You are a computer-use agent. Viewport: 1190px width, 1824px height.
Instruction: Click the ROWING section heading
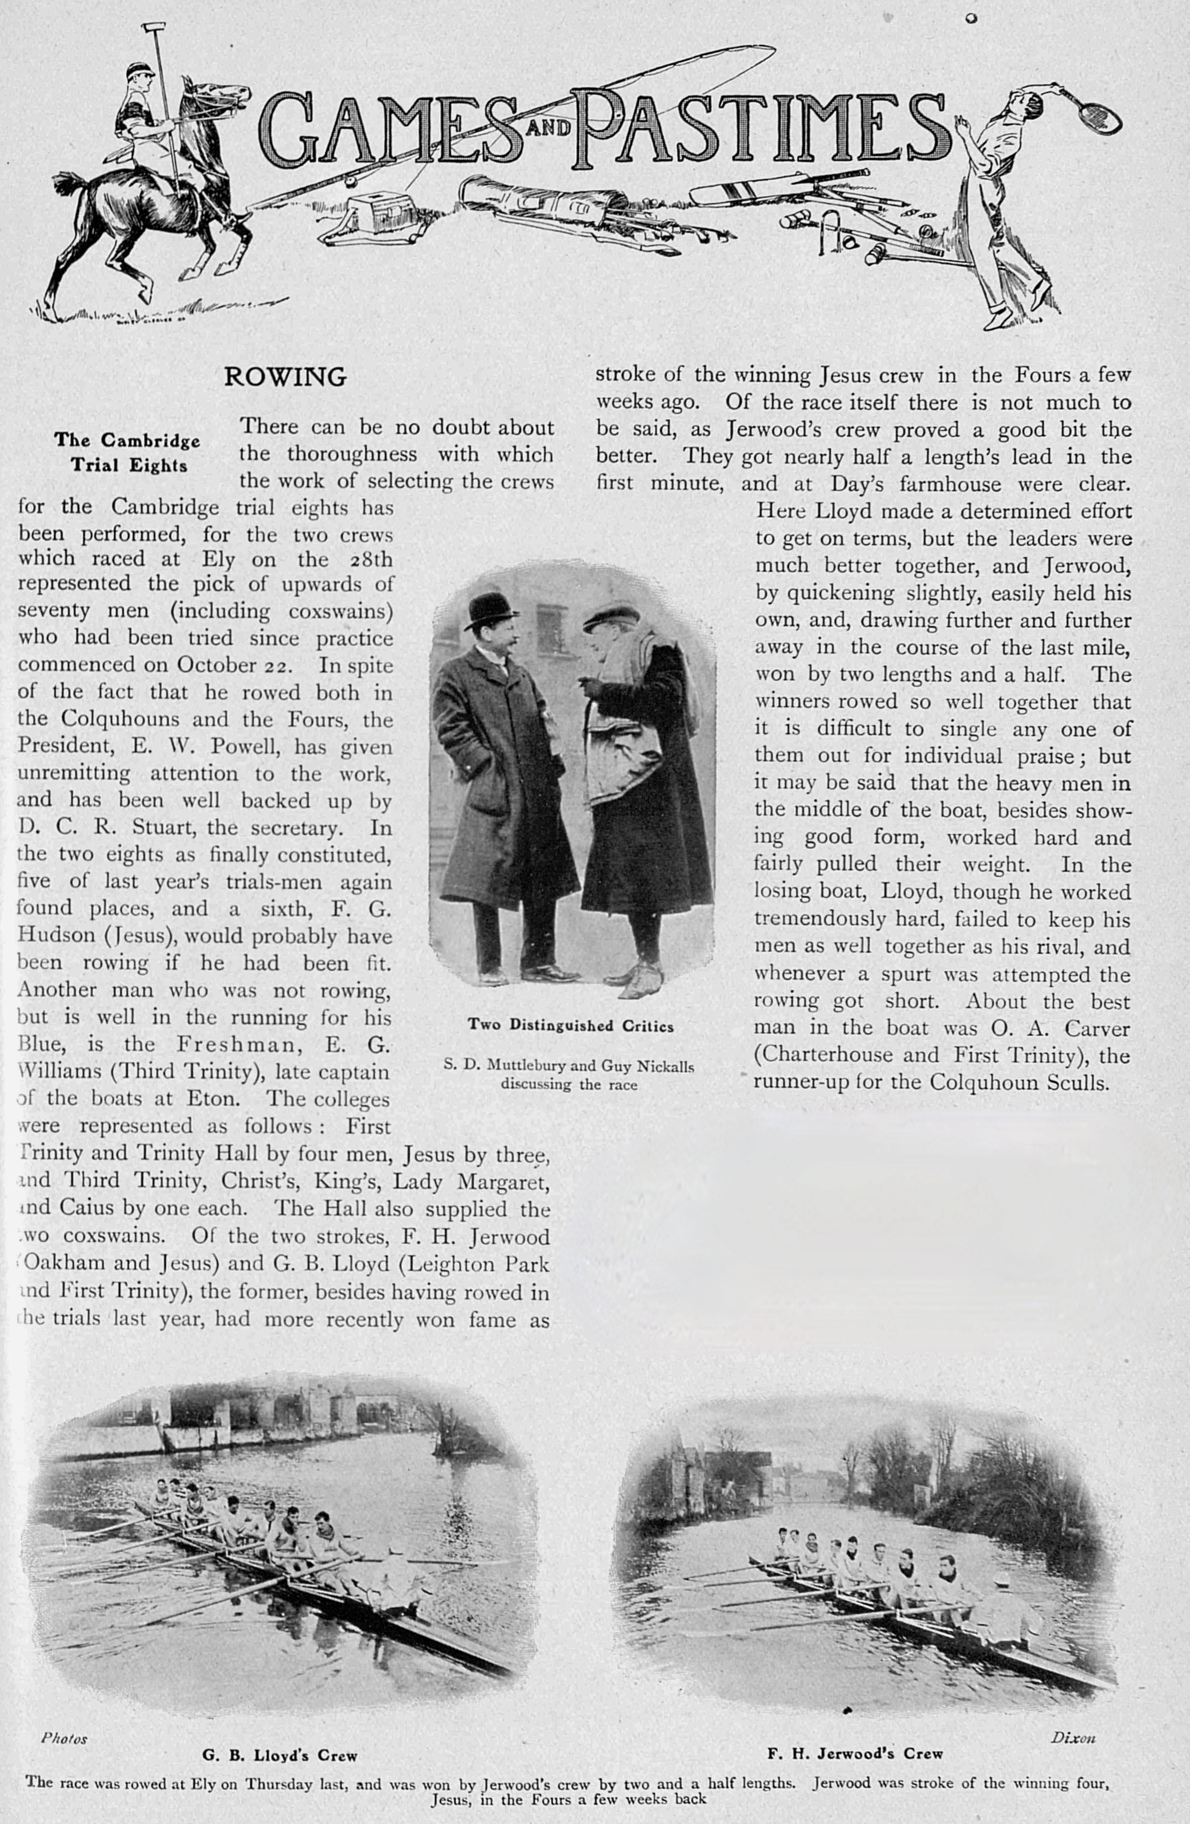285,377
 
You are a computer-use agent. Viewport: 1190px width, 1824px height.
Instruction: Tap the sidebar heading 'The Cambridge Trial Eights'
127,452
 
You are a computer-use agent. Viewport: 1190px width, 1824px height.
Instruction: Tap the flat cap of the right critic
611,619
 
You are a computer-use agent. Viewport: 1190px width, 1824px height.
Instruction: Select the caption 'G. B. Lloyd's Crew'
280,1755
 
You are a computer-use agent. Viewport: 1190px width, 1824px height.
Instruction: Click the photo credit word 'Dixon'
1073,1738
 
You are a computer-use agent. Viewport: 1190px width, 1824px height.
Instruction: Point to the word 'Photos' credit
64,1739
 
